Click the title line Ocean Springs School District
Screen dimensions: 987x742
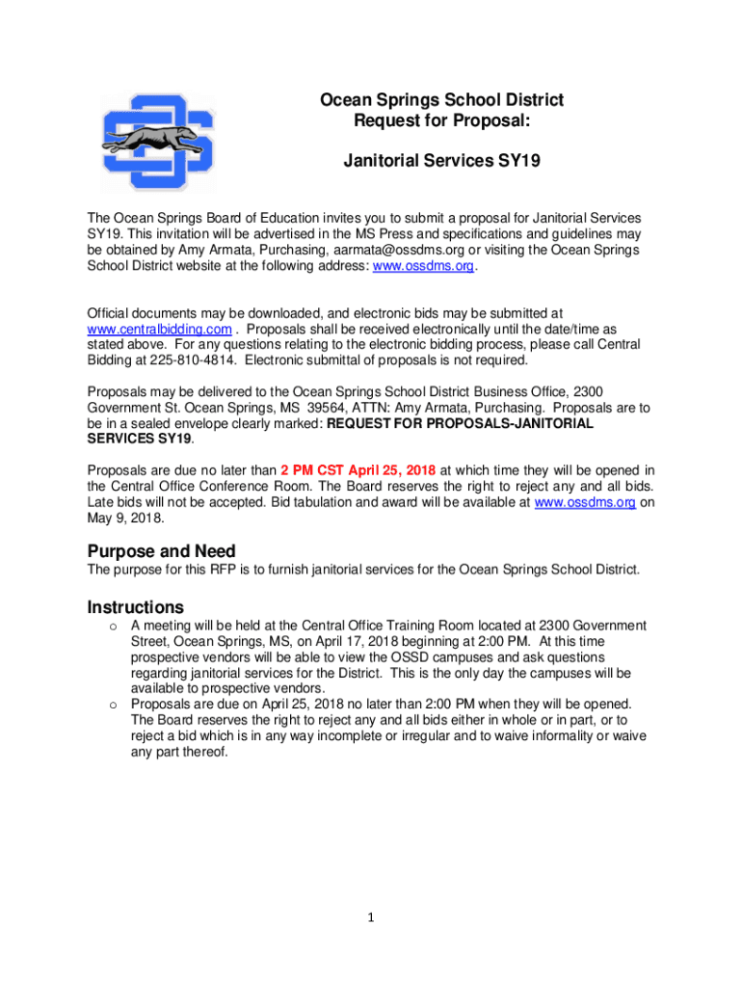(x=441, y=100)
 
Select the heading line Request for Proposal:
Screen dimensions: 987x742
(x=441, y=120)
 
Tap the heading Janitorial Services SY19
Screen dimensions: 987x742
(x=441, y=161)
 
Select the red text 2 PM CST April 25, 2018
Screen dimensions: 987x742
(x=358, y=470)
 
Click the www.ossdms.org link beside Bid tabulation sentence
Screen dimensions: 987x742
(x=584, y=502)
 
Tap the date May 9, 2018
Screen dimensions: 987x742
(x=125, y=518)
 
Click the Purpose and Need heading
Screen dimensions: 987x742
(x=161, y=551)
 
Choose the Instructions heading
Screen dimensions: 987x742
(x=135, y=607)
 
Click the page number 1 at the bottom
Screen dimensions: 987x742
(x=371, y=917)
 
